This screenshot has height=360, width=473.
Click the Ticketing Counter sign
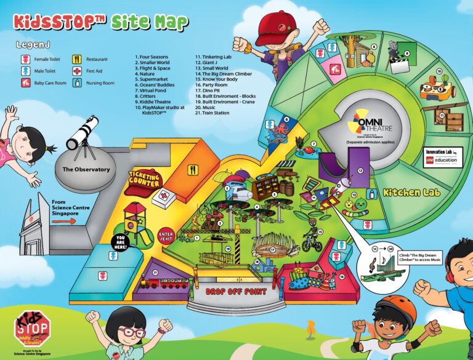coord(144,179)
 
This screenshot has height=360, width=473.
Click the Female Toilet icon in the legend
coord(26,60)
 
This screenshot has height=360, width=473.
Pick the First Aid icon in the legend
coord(77,71)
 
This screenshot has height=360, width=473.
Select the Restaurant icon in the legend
coord(77,60)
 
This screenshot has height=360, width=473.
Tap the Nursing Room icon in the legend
coord(77,83)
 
